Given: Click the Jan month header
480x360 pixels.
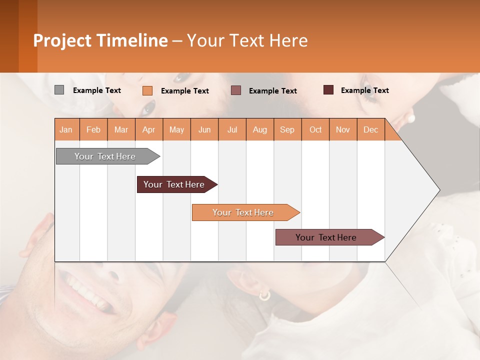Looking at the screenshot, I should [x=66, y=129].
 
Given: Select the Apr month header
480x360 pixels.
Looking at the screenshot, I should [x=149, y=129].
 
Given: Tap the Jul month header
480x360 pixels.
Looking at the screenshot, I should [x=232, y=129].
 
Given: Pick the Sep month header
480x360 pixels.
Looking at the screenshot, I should [x=287, y=129].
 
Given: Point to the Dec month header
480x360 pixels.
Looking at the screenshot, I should [x=370, y=129].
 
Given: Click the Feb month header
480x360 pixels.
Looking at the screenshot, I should [x=93, y=129].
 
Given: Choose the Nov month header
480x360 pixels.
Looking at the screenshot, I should [x=343, y=129].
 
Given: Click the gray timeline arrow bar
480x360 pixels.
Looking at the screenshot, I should [x=105, y=156].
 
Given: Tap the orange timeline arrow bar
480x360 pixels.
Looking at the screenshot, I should [x=243, y=212].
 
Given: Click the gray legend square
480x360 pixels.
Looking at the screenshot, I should [x=59, y=90].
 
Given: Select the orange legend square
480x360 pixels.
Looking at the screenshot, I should [x=147, y=90].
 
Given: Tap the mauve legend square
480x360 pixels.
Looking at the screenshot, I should [x=236, y=90].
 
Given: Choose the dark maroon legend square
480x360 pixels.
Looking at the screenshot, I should [x=328, y=90].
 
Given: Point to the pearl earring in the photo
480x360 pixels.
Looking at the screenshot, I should [x=411, y=118].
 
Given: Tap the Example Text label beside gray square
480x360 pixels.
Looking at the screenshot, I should [x=97, y=90].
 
